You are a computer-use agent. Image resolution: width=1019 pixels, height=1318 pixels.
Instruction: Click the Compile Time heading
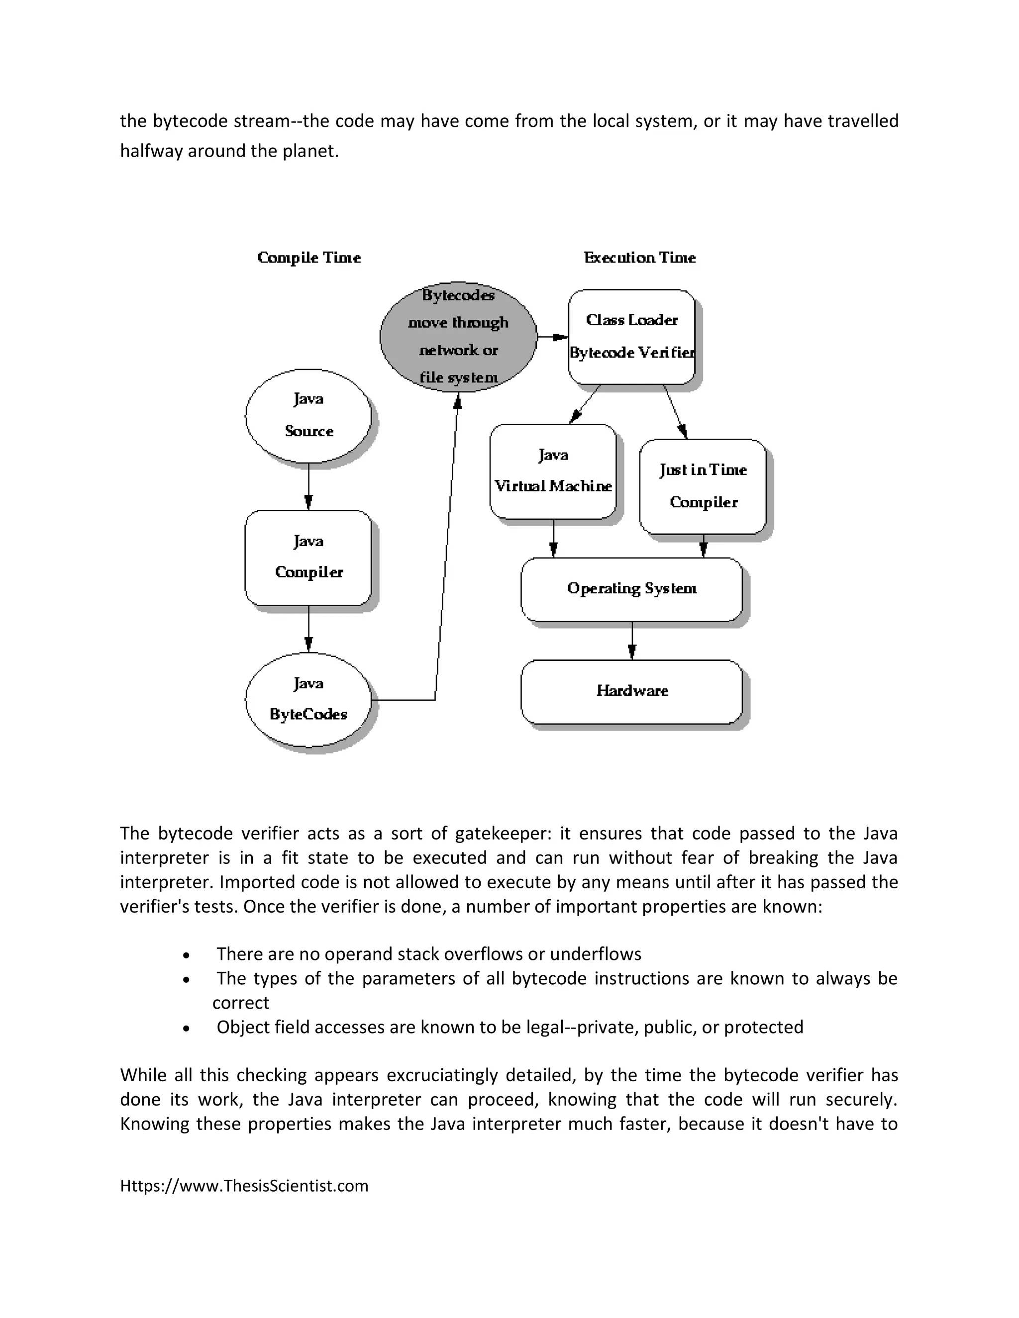coord(308,258)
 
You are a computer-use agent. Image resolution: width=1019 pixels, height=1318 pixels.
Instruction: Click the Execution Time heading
coord(639,258)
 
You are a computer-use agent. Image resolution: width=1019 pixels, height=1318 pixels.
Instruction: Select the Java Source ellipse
coord(308,416)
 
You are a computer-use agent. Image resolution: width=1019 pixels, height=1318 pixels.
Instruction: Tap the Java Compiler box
coord(308,557)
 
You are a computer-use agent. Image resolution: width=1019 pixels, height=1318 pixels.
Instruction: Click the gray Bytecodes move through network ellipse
coord(458,337)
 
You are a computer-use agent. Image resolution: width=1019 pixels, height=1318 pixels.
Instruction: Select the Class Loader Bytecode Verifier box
coord(631,337)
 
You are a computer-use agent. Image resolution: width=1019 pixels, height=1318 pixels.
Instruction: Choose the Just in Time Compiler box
coord(703,486)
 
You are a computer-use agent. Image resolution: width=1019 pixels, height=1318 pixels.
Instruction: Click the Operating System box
coord(631,589)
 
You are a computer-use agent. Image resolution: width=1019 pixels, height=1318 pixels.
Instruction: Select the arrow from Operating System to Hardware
coord(632,641)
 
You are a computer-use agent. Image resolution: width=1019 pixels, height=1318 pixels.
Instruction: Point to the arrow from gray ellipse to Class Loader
coord(552,337)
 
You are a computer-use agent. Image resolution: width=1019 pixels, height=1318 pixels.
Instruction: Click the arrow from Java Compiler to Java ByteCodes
coord(308,629)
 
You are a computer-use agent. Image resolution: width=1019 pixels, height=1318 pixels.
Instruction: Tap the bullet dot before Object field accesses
coord(187,1028)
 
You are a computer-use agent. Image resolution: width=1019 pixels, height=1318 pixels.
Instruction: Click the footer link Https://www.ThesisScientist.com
coord(244,1186)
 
